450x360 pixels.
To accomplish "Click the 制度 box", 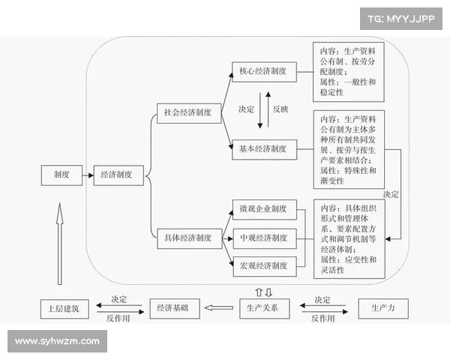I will pyautogui.click(x=61, y=175).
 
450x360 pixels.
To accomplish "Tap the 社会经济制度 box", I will pyautogui.click(x=187, y=112).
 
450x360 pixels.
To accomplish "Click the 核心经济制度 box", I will pyautogui.click(x=263, y=72).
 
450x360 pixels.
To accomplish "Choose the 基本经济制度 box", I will pyautogui.click(x=263, y=149).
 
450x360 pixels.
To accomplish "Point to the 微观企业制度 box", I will pyautogui.click(x=263, y=208).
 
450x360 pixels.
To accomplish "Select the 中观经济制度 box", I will pyautogui.click(x=263, y=238).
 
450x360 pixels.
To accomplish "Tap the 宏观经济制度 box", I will pyautogui.click(x=263, y=266).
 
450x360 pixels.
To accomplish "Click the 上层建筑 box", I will pyautogui.click(x=64, y=308).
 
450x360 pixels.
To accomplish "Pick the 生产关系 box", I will pyautogui.click(x=263, y=308).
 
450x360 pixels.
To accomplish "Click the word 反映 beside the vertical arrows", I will pyautogui.click(x=280, y=109).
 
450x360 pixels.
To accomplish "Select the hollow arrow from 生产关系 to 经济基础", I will pyautogui.click(x=219, y=308).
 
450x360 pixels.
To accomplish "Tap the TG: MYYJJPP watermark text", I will pyautogui.click(x=401, y=18).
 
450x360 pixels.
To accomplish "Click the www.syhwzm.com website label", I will pyautogui.click(x=57, y=341).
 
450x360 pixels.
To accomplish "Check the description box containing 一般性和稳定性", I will pyautogui.click(x=348, y=71).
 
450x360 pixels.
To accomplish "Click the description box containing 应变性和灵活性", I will pyautogui.click(x=348, y=238).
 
